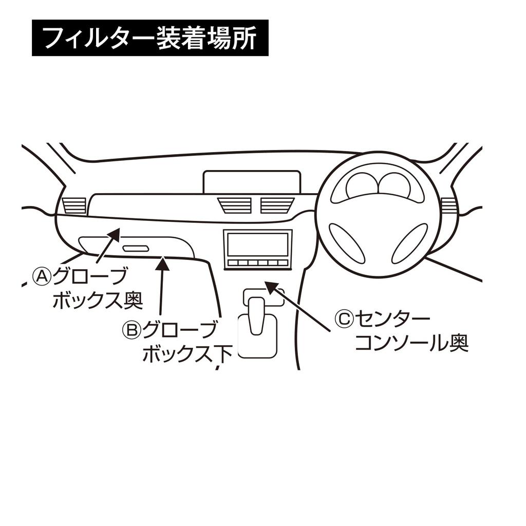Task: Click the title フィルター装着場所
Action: (x=149, y=38)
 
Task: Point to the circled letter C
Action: (x=344, y=320)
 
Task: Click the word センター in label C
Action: (x=392, y=320)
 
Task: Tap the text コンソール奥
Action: (x=411, y=343)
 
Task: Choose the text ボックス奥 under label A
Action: (x=97, y=300)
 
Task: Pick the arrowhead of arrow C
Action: (x=270, y=287)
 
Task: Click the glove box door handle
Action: (x=136, y=249)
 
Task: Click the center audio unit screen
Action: (x=258, y=244)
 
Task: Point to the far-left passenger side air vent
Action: (x=74, y=205)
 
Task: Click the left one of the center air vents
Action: (x=235, y=205)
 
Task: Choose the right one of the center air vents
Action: (x=277, y=205)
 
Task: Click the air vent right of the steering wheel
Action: (x=448, y=205)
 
